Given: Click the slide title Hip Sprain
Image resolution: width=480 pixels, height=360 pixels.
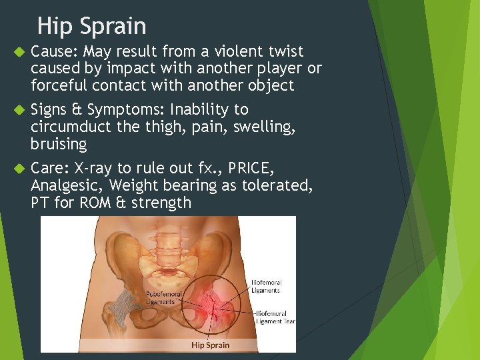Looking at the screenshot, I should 91,26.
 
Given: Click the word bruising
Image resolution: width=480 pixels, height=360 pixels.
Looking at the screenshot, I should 59,144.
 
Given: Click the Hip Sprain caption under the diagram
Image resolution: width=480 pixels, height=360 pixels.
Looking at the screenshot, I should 210,345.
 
